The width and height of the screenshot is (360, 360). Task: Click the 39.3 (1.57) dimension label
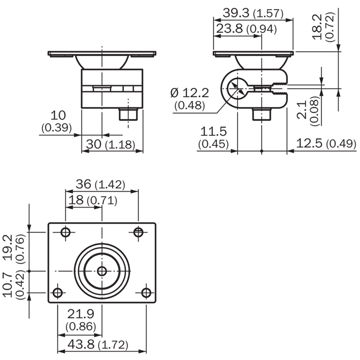pos(253,13)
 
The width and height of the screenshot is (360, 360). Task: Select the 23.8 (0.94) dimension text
pos(246,29)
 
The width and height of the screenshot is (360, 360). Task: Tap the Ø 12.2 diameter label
pos(189,93)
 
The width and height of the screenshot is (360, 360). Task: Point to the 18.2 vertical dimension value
pos(318,27)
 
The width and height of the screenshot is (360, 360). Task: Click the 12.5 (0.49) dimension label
pos(326,144)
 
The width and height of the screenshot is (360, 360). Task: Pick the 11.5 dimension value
pos(213,131)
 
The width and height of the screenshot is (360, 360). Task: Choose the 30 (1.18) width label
pos(110,144)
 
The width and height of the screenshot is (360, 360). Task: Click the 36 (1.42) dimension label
pos(100,184)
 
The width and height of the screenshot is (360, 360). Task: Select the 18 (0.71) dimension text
pos(93,200)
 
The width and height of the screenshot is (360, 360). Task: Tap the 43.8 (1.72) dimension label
pos(98,345)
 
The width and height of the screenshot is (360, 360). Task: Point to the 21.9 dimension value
pos(81,314)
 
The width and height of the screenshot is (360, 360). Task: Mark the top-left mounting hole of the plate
pos(66,232)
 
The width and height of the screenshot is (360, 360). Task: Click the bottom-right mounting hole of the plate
pos(146,293)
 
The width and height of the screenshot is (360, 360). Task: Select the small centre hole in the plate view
pos(102,271)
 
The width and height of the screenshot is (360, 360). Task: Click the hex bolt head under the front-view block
pos(128,114)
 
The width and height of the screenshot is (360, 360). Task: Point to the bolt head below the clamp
pos(261,114)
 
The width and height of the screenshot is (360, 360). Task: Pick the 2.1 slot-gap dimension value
pos(302,110)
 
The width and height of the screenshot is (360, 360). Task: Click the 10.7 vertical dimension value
pos(8,284)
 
